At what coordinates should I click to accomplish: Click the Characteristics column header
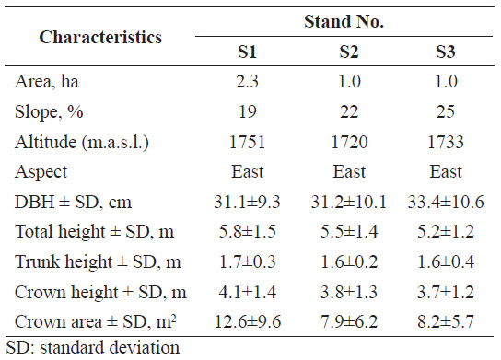point(100,37)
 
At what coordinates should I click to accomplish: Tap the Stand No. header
point(344,22)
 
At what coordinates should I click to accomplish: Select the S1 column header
point(247,52)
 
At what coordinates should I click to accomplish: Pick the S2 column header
point(349,52)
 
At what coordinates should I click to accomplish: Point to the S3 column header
point(446,52)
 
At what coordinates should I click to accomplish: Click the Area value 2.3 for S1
point(247,81)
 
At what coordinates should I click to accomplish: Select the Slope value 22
point(349,111)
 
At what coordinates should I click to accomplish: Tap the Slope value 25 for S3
point(446,111)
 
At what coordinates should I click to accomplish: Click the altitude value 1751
point(248,142)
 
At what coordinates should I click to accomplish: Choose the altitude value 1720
point(349,142)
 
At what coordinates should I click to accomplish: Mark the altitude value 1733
point(446,142)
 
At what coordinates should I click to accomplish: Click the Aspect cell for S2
point(349,171)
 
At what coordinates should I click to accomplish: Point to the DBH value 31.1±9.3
point(247,202)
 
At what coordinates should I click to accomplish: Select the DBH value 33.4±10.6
point(446,202)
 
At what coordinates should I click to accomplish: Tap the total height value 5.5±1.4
point(349,231)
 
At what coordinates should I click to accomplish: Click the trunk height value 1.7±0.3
point(248,261)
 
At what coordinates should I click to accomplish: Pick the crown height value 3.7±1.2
point(446,292)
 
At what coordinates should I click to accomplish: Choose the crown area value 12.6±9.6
point(248,321)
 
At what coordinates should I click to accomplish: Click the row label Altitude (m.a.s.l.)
point(82,142)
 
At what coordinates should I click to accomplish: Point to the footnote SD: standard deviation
point(93,347)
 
